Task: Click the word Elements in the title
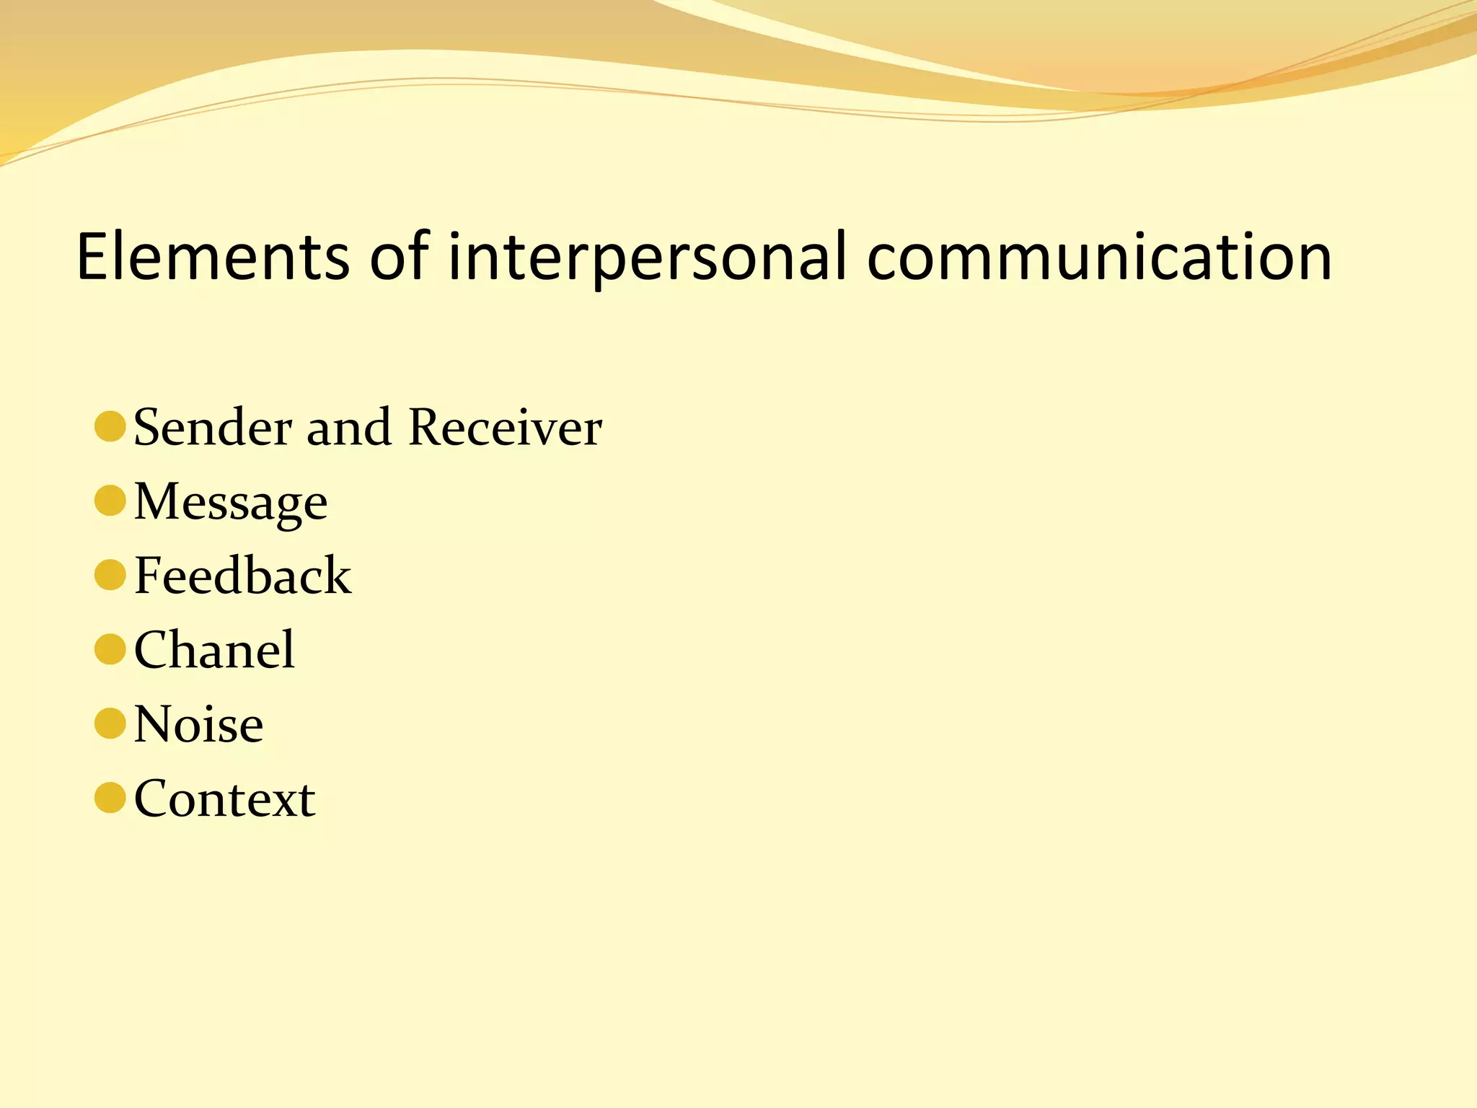coord(213,257)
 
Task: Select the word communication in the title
coord(1099,257)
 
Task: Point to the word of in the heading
coord(400,257)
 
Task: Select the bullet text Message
coord(231,503)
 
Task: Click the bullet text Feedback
coord(242,576)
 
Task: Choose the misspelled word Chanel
coord(214,650)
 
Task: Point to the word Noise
coord(198,724)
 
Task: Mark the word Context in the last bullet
coord(224,799)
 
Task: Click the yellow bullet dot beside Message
coord(110,501)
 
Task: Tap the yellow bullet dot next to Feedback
coord(110,575)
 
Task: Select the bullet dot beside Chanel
coord(110,649)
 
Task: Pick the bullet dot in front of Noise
coord(110,724)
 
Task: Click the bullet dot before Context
coord(110,798)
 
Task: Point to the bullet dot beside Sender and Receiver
coord(110,426)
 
